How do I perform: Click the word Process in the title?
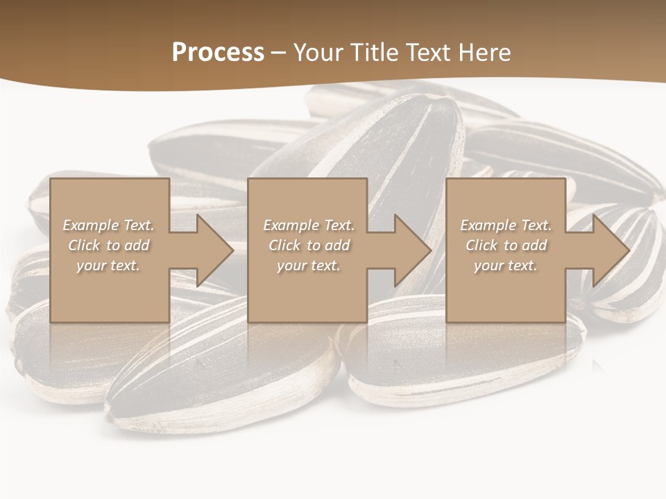[x=218, y=52]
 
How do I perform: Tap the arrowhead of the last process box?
[x=610, y=250]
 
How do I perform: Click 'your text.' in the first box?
[x=108, y=265]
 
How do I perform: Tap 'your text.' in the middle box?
[x=308, y=265]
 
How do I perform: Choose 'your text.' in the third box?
[x=506, y=265]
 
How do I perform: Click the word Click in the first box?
[x=85, y=245]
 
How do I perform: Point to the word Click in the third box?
[x=482, y=245]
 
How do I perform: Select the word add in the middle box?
[x=338, y=245]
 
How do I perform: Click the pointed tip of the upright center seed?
[x=436, y=100]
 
